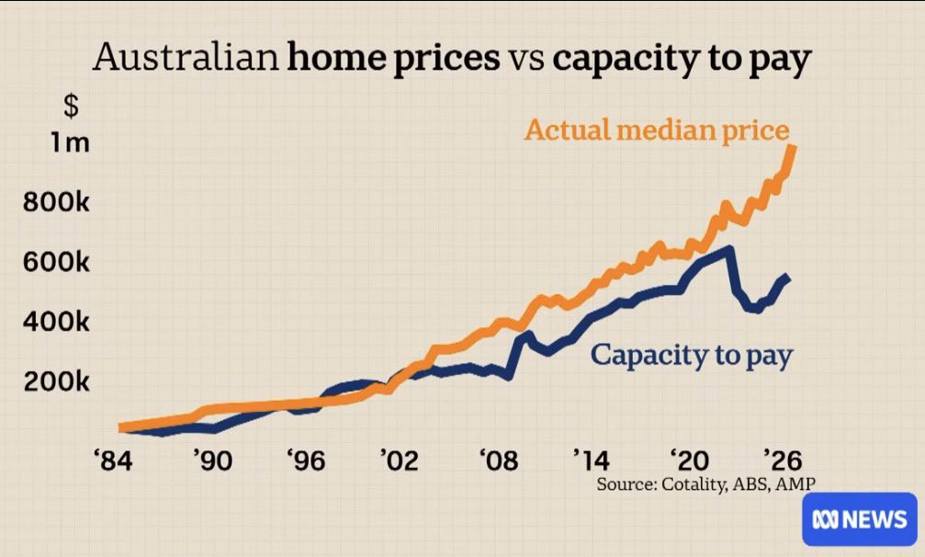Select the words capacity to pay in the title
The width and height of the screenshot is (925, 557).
click(x=682, y=59)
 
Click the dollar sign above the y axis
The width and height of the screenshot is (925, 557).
click(x=71, y=106)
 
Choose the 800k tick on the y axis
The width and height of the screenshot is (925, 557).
click(x=57, y=202)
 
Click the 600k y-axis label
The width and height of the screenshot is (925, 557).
click(x=57, y=263)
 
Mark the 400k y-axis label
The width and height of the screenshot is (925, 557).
click(x=57, y=323)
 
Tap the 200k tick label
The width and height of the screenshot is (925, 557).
click(x=57, y=382)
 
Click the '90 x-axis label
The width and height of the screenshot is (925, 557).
click(x=210, y=459)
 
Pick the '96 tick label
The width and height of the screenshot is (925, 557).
click(x=305, y=459)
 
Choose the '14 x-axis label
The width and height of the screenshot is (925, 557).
click(x=590, y=459)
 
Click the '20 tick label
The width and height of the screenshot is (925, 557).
click(x=688, y=459)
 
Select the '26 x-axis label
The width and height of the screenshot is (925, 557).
click(x=782, y=459)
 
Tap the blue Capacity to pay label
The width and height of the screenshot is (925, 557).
click(x=691, y=355)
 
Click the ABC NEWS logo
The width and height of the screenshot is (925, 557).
click(x=859, y=520)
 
